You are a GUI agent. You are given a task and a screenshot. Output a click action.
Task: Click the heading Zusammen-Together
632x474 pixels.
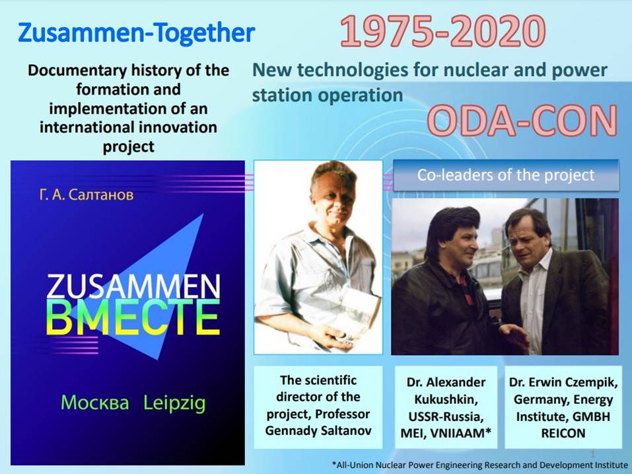[136, 32]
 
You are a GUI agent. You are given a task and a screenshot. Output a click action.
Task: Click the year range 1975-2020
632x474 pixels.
[442, 32]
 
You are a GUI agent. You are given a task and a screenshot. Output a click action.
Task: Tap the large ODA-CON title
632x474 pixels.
[522, 120]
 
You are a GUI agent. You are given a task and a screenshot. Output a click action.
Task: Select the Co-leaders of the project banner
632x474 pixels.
[506, 175]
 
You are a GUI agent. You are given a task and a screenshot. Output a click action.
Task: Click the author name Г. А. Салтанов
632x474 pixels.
[87, 195]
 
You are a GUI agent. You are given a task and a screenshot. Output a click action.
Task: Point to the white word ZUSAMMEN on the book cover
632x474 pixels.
[133, 286]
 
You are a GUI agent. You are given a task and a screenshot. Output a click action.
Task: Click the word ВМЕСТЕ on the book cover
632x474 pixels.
[133, 317]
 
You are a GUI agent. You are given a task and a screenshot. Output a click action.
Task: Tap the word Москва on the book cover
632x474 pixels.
[94, 403]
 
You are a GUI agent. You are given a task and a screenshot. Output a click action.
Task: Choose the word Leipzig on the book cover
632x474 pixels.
[174, 403]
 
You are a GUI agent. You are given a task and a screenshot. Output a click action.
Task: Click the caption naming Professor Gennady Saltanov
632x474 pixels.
[318, 405]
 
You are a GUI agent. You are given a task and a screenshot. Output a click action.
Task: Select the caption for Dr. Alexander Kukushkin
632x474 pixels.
[446, 407]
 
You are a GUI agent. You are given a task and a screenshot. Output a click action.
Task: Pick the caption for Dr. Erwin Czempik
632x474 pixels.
[563, 407]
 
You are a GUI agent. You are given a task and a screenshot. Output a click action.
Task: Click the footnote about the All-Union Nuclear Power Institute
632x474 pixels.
[479, 465]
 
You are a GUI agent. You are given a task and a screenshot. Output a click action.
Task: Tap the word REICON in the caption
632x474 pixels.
[563, 433]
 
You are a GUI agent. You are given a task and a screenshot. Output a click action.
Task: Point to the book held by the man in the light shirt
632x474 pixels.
[355, 313]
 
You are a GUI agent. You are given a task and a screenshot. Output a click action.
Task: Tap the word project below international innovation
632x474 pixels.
[129, 147]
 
